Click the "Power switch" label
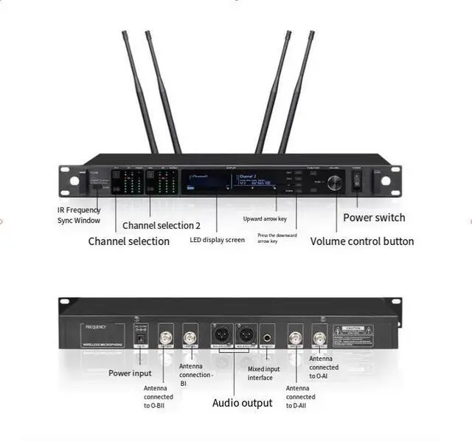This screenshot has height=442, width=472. [374, 218]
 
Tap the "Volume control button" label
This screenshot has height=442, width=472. [361, 241]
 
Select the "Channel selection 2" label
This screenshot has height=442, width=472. [161, 225]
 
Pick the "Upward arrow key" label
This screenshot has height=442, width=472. [269, 219]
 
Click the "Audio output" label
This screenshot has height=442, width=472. [242, 403]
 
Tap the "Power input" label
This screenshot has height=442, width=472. [131, 373]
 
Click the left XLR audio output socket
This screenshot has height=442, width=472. [220, 335]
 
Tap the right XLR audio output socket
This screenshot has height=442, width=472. [245, 335]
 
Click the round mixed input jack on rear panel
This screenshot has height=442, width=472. [268, 335]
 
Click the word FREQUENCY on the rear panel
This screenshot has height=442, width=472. [97, 325]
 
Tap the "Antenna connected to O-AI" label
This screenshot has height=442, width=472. [324, 367]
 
